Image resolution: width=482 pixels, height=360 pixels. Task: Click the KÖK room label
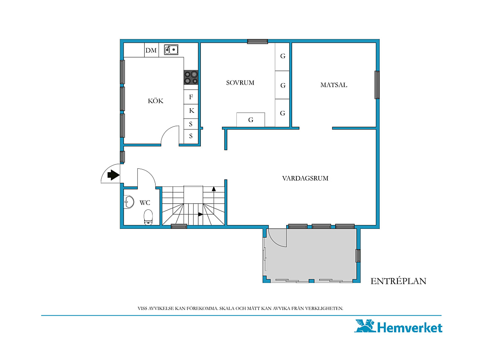point(156,101)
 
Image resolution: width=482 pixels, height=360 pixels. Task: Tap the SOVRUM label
point(240,83)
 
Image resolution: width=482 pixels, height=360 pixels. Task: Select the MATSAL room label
point(334,85)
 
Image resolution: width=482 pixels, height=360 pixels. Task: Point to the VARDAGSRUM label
point(305,178)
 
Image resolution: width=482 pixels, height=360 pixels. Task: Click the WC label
point(145,203)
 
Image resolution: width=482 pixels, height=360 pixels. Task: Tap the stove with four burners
point(191,77)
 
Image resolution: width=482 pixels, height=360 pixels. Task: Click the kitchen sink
point(171,49)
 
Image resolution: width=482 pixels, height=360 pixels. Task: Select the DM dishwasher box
point(151,50)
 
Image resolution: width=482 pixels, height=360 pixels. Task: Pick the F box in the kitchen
point(191,97)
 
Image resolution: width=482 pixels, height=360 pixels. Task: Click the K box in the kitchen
point(191,111)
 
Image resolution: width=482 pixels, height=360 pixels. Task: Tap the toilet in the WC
point(148,217)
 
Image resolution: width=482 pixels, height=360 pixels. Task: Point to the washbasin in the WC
point(129,202)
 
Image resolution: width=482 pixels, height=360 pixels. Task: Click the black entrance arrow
point(113,175)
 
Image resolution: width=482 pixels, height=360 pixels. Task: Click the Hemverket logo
point(398,327)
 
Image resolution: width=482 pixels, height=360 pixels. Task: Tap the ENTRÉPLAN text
point(398,281)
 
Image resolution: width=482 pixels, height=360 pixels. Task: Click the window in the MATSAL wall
point(377,85)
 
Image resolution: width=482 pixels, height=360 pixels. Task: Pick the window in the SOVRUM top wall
point(257,41)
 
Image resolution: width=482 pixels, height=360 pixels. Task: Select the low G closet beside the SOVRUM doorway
point(251,120)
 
